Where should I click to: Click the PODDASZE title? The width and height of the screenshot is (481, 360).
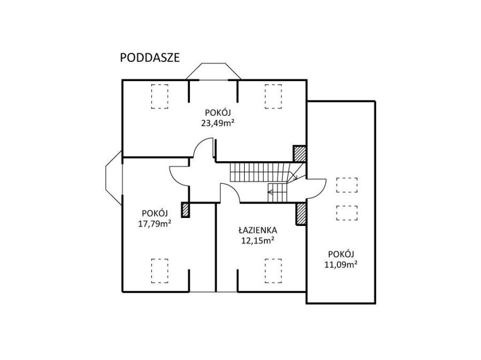pos(150,58)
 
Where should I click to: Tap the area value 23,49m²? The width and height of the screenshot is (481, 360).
pos(218,123)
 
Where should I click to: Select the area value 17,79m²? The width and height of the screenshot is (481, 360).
pos(154,224)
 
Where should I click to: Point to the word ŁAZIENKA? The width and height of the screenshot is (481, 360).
pos(258,230)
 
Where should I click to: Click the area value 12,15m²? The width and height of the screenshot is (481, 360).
pos(258,240)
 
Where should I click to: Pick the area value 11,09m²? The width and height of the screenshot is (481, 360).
pos(341,264)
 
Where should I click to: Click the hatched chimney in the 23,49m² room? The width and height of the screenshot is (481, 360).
pos(299,153)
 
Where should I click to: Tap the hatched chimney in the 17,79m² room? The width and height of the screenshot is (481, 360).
pos(185,210)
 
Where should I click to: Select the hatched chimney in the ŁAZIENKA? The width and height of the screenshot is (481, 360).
pos(301,214)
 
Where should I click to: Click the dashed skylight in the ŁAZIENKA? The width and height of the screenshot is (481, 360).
pos(273,271)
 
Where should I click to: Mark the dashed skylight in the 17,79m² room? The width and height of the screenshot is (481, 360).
pos(159,271)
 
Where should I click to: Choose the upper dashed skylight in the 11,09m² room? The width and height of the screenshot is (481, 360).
pos(347,185)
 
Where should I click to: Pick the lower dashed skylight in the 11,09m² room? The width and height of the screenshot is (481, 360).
pos(347,213)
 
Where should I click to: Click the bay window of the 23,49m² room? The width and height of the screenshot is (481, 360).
pos(213,71)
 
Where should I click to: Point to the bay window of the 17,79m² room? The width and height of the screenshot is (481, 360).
pos(114,178)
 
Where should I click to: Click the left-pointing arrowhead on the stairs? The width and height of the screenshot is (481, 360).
pos(270,192)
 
